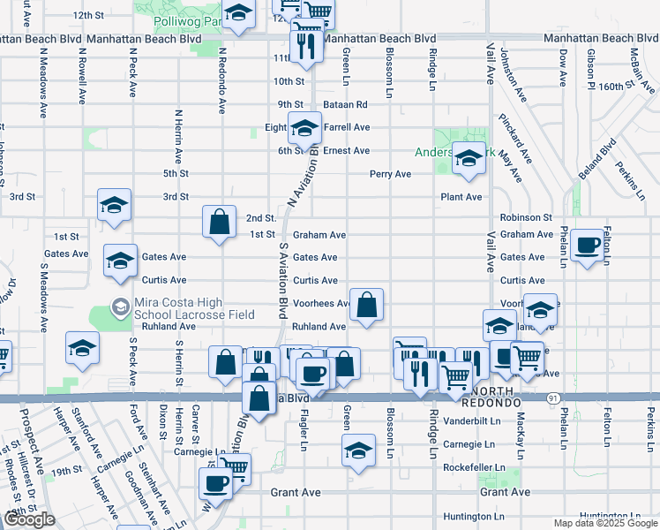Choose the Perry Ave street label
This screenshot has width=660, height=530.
[390, 174]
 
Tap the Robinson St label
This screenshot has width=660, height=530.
[525, 216]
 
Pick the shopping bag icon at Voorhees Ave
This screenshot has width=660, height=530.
[367, 304]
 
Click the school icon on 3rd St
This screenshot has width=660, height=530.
[114, 205]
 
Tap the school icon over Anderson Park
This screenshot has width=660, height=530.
[469, 157]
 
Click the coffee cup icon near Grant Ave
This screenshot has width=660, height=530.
[216, 483]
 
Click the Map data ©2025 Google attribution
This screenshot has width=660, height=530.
[605, 523]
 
